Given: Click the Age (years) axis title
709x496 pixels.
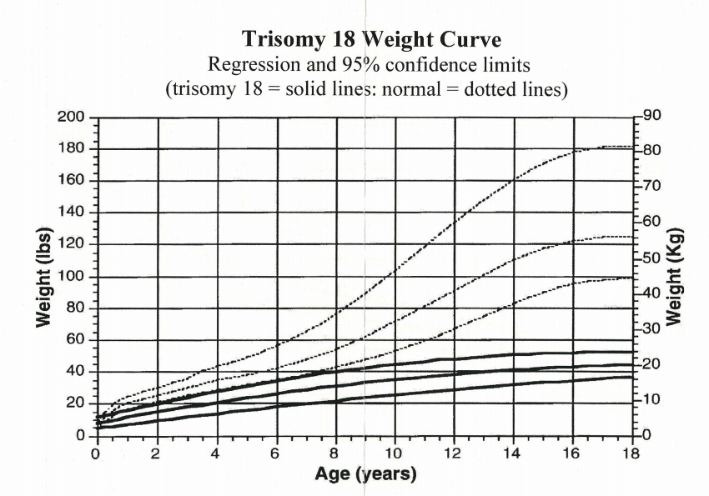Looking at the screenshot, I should (x=364, y=475).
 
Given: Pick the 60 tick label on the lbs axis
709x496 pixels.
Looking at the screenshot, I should (x=76, y=339).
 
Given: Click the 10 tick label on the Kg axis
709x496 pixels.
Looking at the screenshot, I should (x=651, y=400).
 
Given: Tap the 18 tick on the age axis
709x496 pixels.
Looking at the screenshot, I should (x=631, y=453).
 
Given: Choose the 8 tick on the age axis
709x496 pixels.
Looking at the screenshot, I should (x=334, y=453).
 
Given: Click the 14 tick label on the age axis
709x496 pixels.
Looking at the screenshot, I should (x=512, y=453).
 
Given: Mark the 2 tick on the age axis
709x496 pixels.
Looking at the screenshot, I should (x=155, y=453).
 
